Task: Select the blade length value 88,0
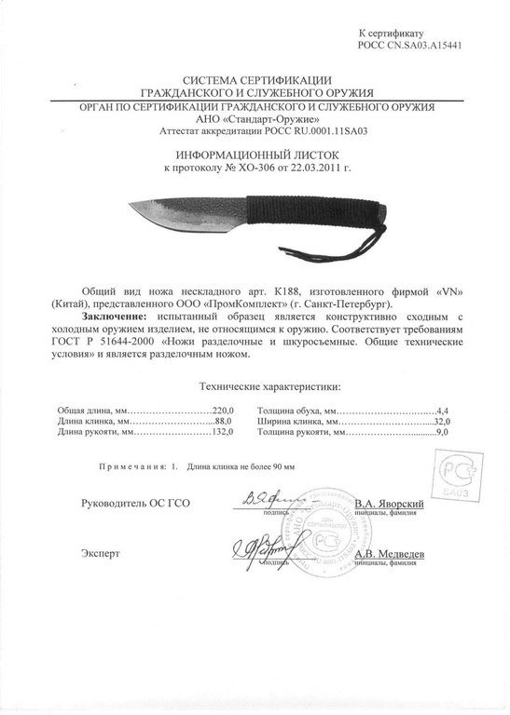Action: [228, 422]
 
